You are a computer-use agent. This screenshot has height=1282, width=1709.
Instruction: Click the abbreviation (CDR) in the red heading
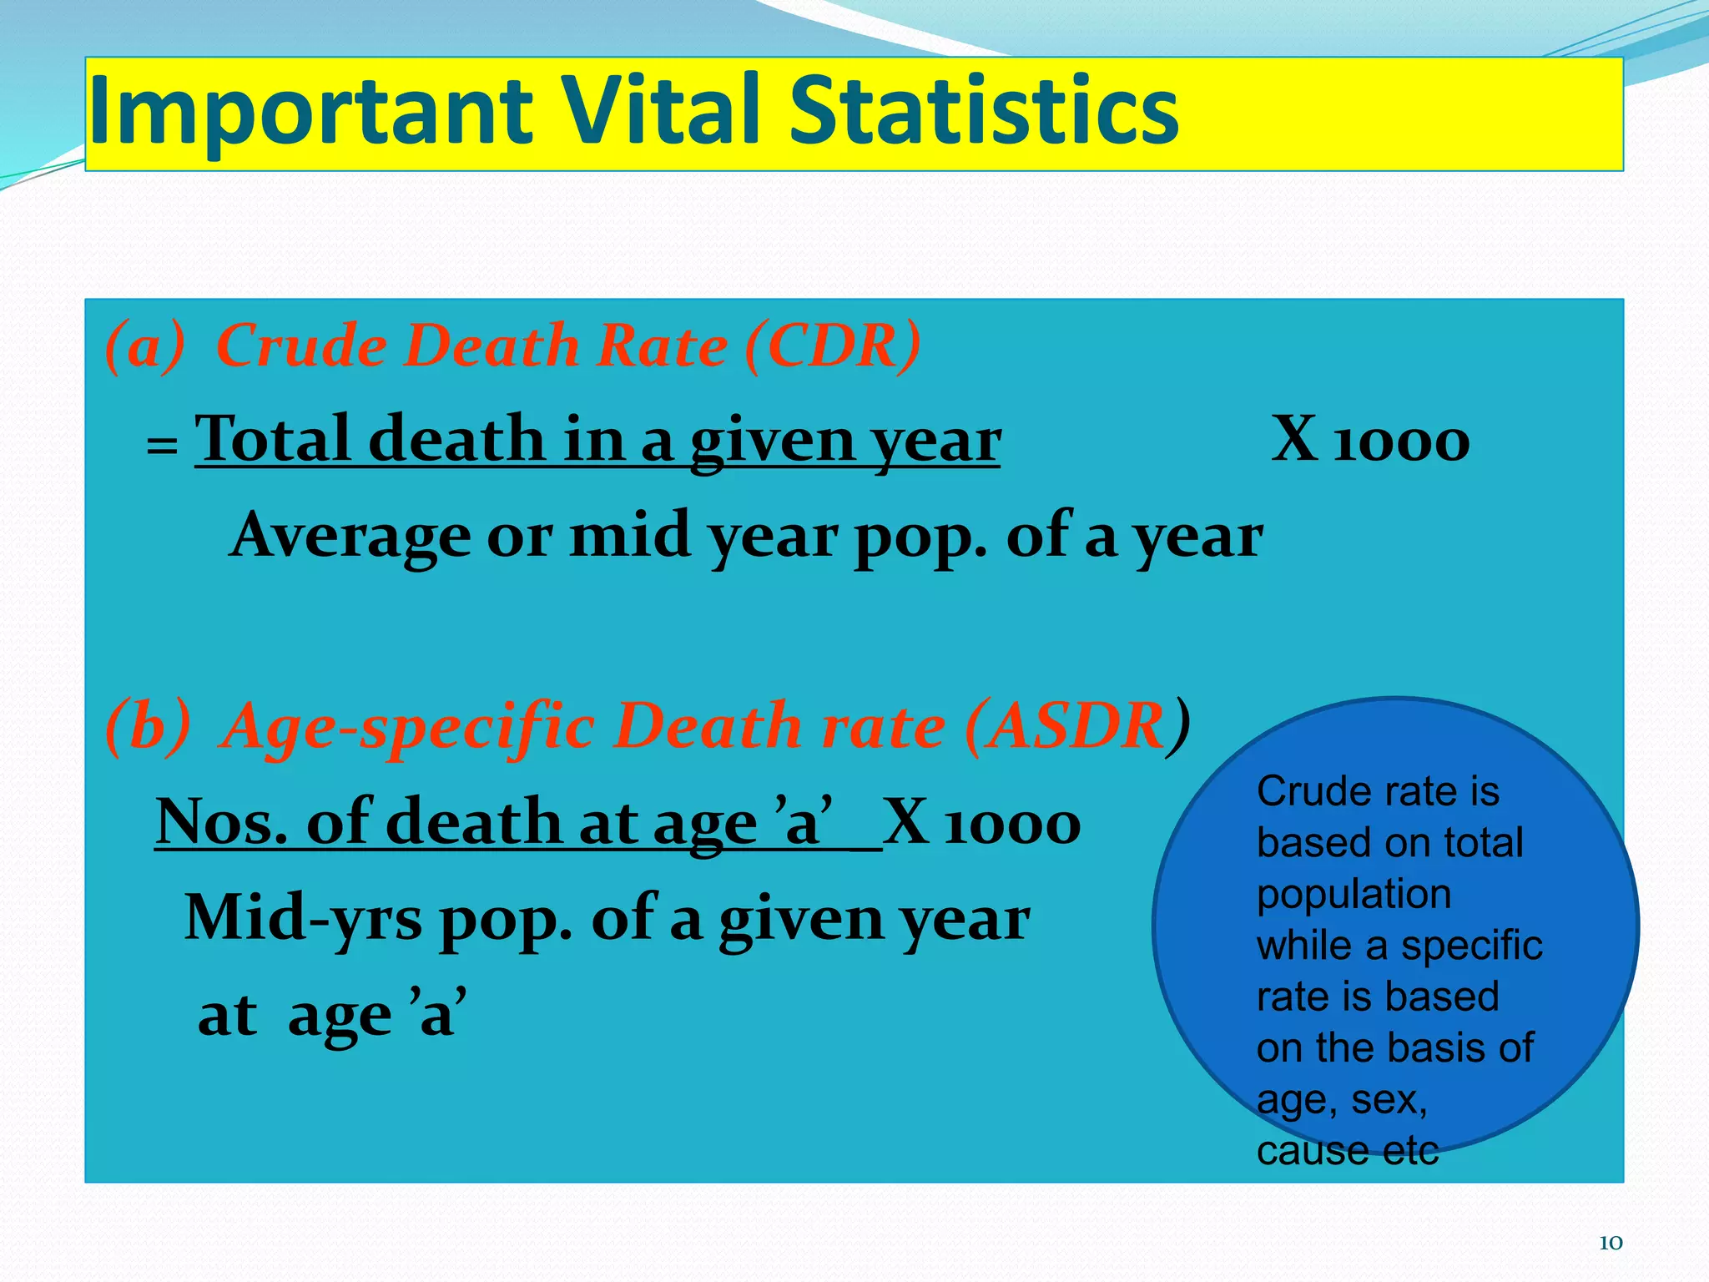coord(833,345)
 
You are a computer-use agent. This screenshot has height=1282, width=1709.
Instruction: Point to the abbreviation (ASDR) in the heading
coord(1076,725)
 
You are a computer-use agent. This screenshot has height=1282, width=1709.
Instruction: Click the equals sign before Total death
coord(162,447)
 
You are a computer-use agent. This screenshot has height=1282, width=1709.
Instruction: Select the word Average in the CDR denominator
coord(351,535)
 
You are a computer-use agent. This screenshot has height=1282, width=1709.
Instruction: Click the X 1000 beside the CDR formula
coord(1370,439)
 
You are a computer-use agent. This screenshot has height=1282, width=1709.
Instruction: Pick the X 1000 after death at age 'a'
coord(981,822)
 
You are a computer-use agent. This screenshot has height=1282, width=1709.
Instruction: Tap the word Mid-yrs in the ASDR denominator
coord(303,918)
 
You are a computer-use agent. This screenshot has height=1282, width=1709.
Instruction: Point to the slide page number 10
coord(1610,1243)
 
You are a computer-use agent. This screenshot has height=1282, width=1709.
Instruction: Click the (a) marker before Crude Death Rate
coord(144,345)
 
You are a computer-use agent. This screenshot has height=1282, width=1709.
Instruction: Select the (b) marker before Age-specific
coord(148,725)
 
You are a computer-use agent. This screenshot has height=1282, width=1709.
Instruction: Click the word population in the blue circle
coord(1354,894)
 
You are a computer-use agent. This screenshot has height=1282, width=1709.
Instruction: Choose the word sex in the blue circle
coord(1388,1100)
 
